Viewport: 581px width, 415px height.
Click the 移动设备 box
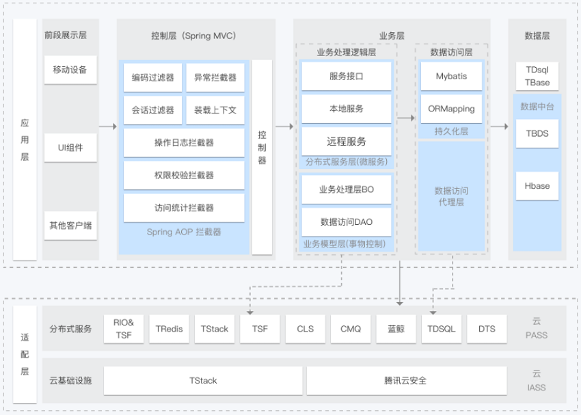[70, 70]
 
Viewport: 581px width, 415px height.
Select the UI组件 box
[70, 148]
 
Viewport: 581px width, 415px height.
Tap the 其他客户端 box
[70, 226]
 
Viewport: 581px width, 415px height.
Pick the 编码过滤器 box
[152, 77]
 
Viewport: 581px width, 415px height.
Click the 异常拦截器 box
[215, 77]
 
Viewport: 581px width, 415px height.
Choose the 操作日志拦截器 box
[184, 143]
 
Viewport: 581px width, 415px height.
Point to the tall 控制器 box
[262, 157]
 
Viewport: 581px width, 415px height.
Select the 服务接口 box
[347, 76]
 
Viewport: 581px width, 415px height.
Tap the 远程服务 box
[347, 141]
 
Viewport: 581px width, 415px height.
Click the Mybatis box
[451, 76]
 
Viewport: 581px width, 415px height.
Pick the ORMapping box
[451, 109]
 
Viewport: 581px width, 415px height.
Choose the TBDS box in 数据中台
[537, 133]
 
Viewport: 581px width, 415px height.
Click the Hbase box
[537, 186]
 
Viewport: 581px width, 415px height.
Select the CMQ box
[351, 329]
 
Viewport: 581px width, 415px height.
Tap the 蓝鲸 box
[396, 329]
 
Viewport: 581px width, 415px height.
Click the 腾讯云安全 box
[407, 381]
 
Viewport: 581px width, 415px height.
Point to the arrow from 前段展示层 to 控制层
[108, 126]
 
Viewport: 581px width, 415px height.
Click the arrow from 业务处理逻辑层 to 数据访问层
[406, 118]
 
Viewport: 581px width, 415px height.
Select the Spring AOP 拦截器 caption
[184, 232]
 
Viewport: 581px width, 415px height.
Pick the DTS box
[487, 329]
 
